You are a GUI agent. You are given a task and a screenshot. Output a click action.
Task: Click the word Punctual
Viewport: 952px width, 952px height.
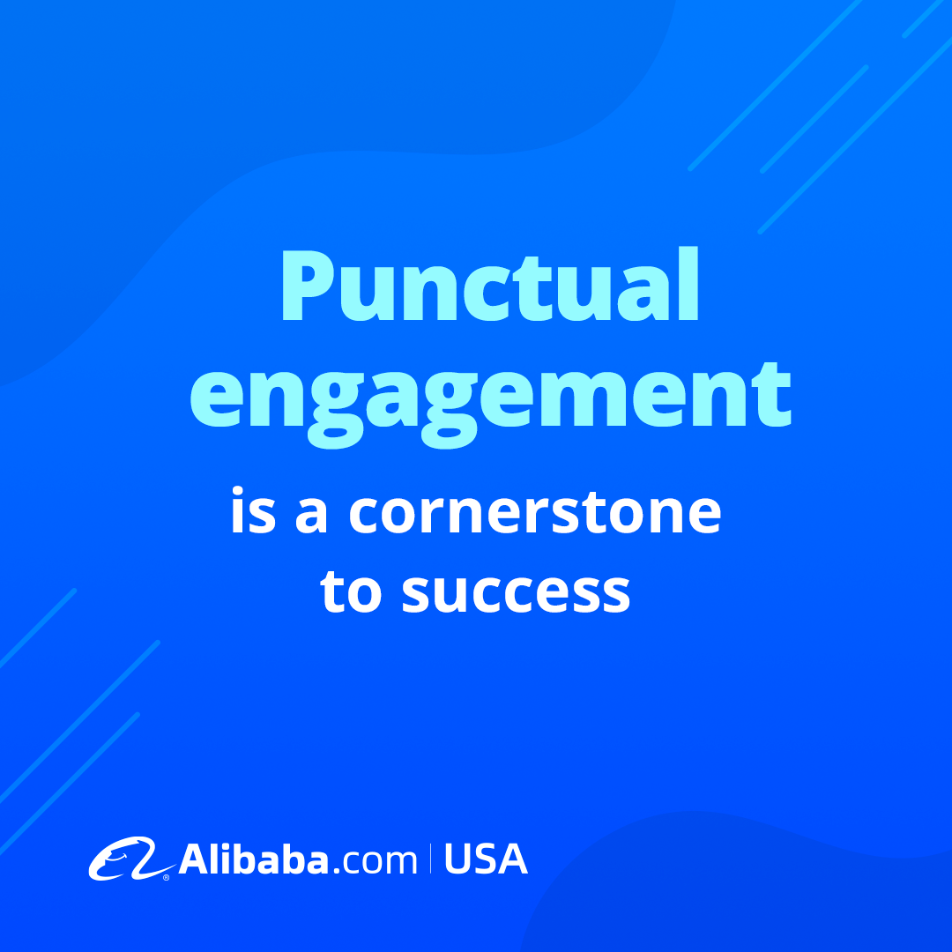[490, 284]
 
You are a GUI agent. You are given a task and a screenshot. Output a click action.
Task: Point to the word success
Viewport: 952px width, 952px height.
[516, 591]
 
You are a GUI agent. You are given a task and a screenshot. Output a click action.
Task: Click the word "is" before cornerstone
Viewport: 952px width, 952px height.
[254, 510]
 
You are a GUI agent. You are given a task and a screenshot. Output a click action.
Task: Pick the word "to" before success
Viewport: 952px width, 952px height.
[351, 589]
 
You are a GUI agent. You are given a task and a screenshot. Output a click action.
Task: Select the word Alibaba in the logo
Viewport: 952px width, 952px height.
[254, 859]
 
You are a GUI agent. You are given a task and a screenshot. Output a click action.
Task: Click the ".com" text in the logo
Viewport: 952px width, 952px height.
[376, 861]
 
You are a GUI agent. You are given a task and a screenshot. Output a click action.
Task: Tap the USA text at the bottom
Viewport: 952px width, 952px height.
[486, 859]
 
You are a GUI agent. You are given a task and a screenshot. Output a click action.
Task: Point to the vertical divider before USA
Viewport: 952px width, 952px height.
[431, 859]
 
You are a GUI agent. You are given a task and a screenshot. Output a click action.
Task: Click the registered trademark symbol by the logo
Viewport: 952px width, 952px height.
[166, 877]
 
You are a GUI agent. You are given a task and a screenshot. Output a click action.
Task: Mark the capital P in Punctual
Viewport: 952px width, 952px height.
[308, 286]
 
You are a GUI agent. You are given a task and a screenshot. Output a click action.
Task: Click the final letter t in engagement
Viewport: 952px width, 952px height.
[771, 395]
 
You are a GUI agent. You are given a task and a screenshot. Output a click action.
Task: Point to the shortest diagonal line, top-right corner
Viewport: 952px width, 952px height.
[922, 19]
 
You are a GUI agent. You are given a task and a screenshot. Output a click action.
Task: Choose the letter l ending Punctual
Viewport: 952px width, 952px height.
[689, 284]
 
